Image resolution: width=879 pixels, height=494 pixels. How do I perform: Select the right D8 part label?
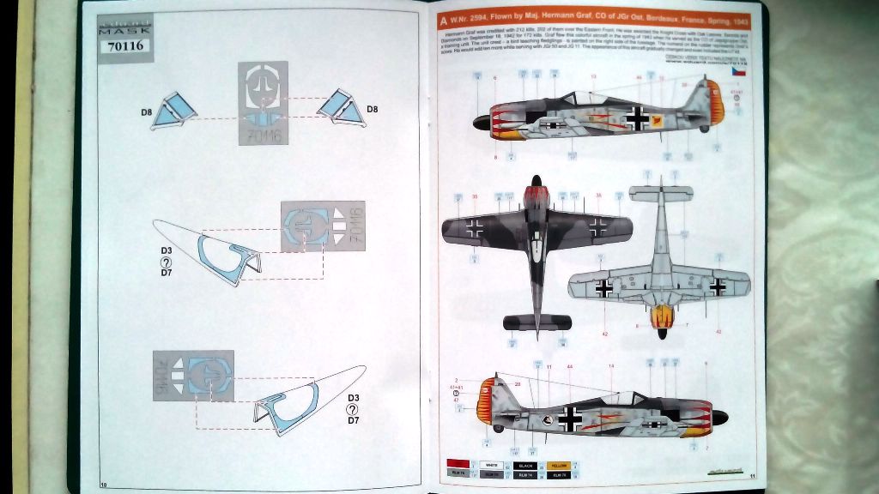click(373, 109)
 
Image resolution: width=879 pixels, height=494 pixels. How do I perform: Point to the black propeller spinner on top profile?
click(481, 123)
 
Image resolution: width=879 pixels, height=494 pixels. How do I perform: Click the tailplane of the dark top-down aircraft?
click(536, 322)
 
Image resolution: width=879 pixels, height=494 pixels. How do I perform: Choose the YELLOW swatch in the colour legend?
click(558, 465)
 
